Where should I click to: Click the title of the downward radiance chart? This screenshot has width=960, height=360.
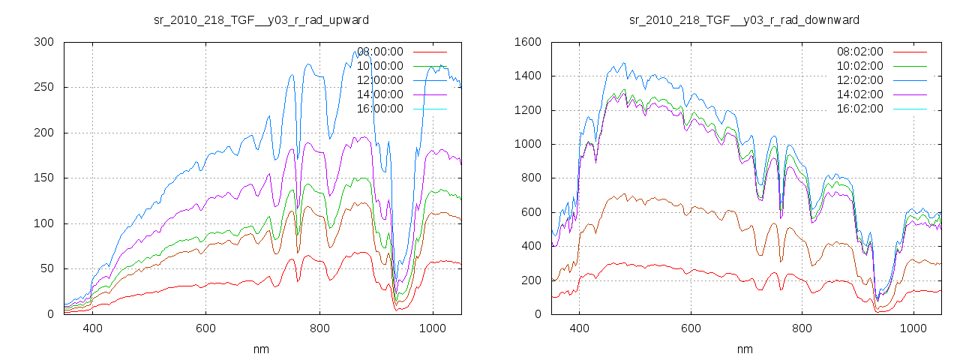click(744, 19)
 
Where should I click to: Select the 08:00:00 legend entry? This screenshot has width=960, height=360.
click(379, 52)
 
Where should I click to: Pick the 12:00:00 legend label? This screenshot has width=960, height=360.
click(379, 80)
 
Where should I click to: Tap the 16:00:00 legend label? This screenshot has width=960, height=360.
click(379, 109)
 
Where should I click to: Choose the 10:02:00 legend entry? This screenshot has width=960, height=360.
click(859, 66)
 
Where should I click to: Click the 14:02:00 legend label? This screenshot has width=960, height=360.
click(859, 94)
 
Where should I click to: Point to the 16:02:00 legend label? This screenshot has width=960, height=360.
click(859, 109)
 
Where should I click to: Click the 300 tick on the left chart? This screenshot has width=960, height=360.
click(43, 42)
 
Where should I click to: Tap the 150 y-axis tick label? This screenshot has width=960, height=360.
click(43, 178)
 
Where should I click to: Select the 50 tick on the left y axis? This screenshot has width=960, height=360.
click(46, 269)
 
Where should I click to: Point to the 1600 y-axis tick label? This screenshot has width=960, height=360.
click(528, 42)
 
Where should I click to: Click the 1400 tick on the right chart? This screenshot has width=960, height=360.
click(528, 76)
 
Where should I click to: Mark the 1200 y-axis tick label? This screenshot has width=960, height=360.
click(528, 110)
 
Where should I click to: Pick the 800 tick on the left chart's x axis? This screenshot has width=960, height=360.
click(319, 328)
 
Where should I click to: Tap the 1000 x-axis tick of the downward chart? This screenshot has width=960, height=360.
click(913, 328)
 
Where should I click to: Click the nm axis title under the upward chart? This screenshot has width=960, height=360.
click(261, 349)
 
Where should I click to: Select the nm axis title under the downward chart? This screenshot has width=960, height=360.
click(744, 349)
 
